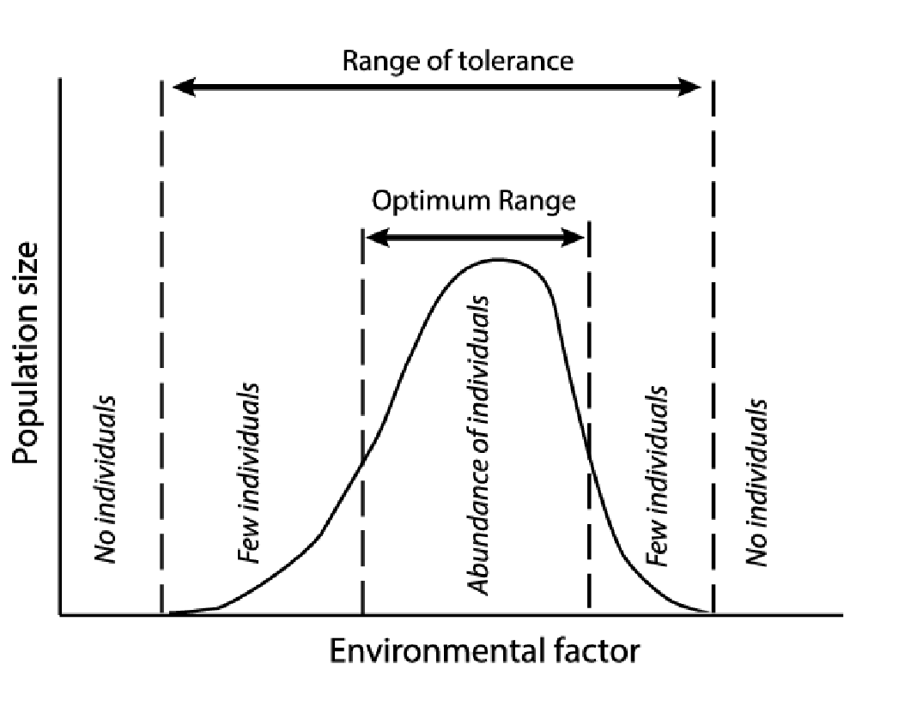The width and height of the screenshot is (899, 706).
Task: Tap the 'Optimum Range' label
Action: pyautogui.click(x=473, y=202)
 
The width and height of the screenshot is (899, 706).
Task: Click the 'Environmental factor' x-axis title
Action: pyautogui.click(x=484, y=651)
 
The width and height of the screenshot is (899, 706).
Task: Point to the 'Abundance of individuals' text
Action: pyautogui.click(x=480, y=445)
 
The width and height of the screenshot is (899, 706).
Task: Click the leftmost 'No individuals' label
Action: pyautogui.click(x=106, y=479)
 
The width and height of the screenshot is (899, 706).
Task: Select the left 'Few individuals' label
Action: pyautogui.click(x=250, y=474)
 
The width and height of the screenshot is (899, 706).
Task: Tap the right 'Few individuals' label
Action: pyautogui.click(x=658, y=477)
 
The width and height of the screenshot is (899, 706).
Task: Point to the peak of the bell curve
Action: pyautogui.click(x=498, y=259)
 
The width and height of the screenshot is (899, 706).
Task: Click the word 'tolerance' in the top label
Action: pyautogui.click(x=517, y=62)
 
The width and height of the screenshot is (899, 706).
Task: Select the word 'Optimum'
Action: pyautogui.click(x=432, y=202)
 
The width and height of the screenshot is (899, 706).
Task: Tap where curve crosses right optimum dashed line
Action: pyautogui.click(x=589, y=455)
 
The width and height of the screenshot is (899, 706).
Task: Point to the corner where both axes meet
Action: pyautogui.click(x=59, y=614)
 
